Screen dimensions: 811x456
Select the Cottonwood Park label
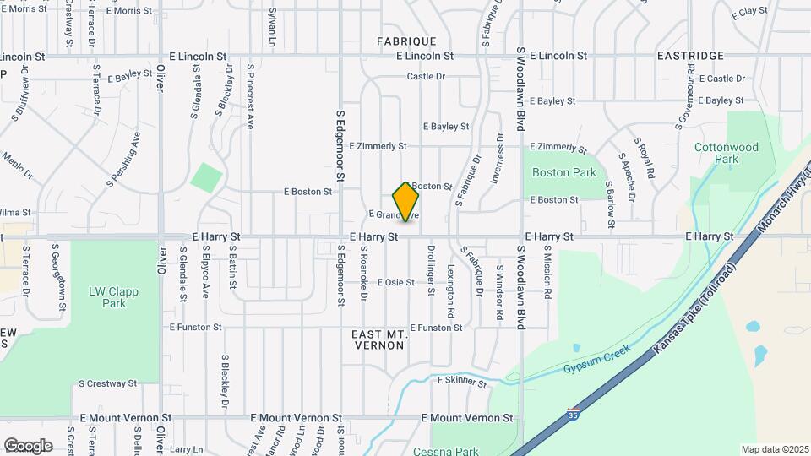pyautogui.click(x=727, y=153)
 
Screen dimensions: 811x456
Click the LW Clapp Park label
pyautogui.click(x=113, y=297)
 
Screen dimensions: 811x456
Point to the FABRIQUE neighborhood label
pyautogui.click(x=406, y=41)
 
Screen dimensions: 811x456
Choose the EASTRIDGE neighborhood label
pyautogui.click(x=690, y=56)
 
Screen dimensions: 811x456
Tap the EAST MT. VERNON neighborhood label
pyautogui.click(x=379, y=340)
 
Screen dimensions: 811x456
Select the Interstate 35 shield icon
pyautogui.click(x=574, y=415)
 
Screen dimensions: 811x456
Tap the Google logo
pyautogui.click(x=28, y=445)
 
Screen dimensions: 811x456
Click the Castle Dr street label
pyautogui.click(x=425, y=77)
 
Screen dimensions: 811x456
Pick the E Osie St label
pyautogui.click(x=395, y=282)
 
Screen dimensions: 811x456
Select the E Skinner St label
pyautogui.click(x=462, y=383)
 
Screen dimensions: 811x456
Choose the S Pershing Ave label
pyautogui.click(x=124, y=159)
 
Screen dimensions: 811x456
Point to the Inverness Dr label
pyautogui.click(x=498, y=160)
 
